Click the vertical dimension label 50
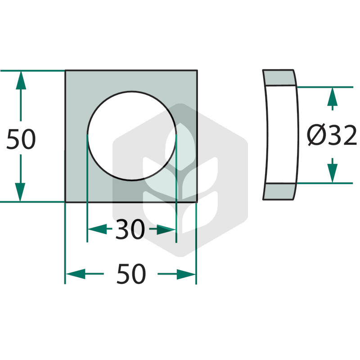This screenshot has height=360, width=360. (21, 139)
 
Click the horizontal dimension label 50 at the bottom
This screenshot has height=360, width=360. (131, 274)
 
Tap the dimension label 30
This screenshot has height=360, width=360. (130, 229)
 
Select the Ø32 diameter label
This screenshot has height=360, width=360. (332, 135)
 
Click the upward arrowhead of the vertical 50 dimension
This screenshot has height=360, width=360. (21, 81)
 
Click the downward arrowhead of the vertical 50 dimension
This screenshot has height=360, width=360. (20, 193)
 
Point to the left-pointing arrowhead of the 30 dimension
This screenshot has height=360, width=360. (98, 229)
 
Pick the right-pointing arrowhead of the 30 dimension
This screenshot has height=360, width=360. (166, 229)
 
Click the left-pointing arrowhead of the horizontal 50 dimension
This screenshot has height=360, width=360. (76, 274)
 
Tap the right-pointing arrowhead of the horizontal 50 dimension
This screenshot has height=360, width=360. (186, 274)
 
